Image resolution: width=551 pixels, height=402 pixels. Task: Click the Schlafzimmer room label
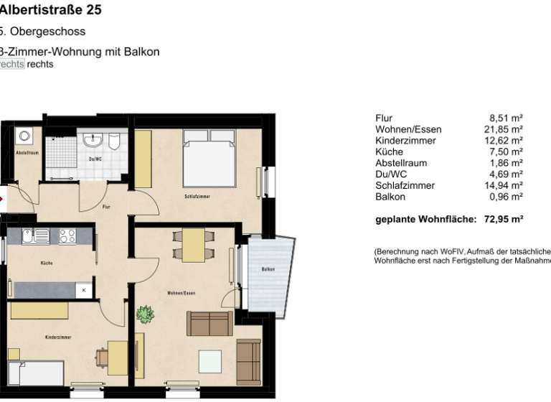click(196, 195)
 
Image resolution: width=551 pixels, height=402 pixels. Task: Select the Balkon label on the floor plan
click(268, 269)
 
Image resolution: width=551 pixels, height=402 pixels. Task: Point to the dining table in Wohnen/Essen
click(194, 245)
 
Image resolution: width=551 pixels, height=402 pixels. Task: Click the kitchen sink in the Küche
click(35, 235)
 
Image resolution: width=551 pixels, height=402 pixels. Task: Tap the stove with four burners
click(67, 236)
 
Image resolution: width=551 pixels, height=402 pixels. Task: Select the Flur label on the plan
click(105, 207)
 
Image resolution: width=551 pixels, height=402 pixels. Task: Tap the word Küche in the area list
click(389, 151)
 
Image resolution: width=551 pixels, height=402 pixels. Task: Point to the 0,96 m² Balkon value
click(507, 196)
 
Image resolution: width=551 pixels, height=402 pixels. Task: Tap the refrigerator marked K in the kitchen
click(85, 290)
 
